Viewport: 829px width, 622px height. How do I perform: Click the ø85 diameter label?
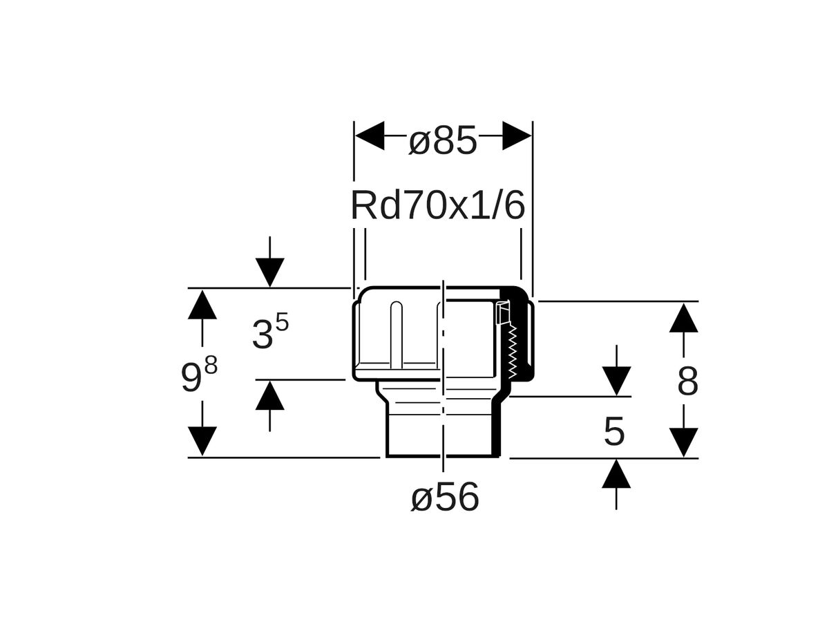coord(443,142)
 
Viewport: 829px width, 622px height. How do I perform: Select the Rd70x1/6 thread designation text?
coord(438,207)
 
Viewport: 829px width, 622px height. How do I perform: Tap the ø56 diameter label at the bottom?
coord(445,498)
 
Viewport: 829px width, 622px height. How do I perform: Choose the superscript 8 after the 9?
coord(211,365)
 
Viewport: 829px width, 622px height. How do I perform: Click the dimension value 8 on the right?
coord(687,381)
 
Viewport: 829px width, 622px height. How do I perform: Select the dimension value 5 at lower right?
coord(614,433)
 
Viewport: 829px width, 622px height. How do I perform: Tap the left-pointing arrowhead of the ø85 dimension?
coord(370,135)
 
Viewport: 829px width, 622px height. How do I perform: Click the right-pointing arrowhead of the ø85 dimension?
coord(517,135)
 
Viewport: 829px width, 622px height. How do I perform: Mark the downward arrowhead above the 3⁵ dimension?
coord(269,272)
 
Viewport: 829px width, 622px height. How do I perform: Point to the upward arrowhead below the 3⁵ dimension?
coord(269,396)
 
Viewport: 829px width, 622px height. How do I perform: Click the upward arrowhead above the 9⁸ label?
coord(202,305)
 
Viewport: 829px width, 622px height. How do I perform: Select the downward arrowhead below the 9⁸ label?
coord(202,441)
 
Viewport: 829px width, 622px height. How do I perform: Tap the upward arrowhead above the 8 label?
coord(683,318)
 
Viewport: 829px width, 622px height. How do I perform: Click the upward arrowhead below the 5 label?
coord(616,475)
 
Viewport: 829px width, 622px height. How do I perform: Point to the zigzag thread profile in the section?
coord(513,350)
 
